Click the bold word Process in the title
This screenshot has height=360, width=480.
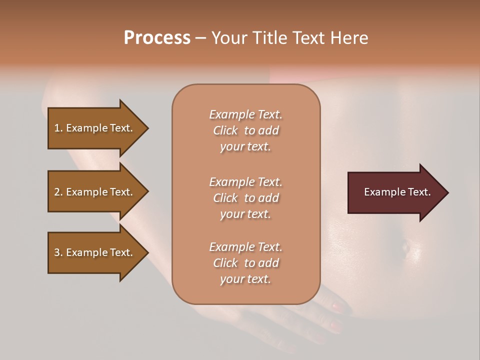pyautogui.click(x=157, y=38)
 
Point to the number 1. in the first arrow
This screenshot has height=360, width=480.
pyautogui.click(x=58, y=128)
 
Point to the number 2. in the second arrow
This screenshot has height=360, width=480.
pyautogui.click(x=58, y=192)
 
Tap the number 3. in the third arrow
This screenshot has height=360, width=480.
pyautogui.click(x=58, y=252)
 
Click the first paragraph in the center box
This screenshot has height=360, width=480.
pyautogui.click(x=245, y=130)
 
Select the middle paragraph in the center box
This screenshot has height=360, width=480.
pyautogui.click(x=245, y=198)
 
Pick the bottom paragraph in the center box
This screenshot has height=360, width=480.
pyautogui.click(x=245, y=263)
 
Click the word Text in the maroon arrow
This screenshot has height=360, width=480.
pyautogui.click(x=419, y=192)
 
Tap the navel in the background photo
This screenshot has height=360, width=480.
pyautogui.click(x=405, y=245)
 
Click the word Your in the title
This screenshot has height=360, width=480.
pyautogui.click(x=227, y=38)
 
